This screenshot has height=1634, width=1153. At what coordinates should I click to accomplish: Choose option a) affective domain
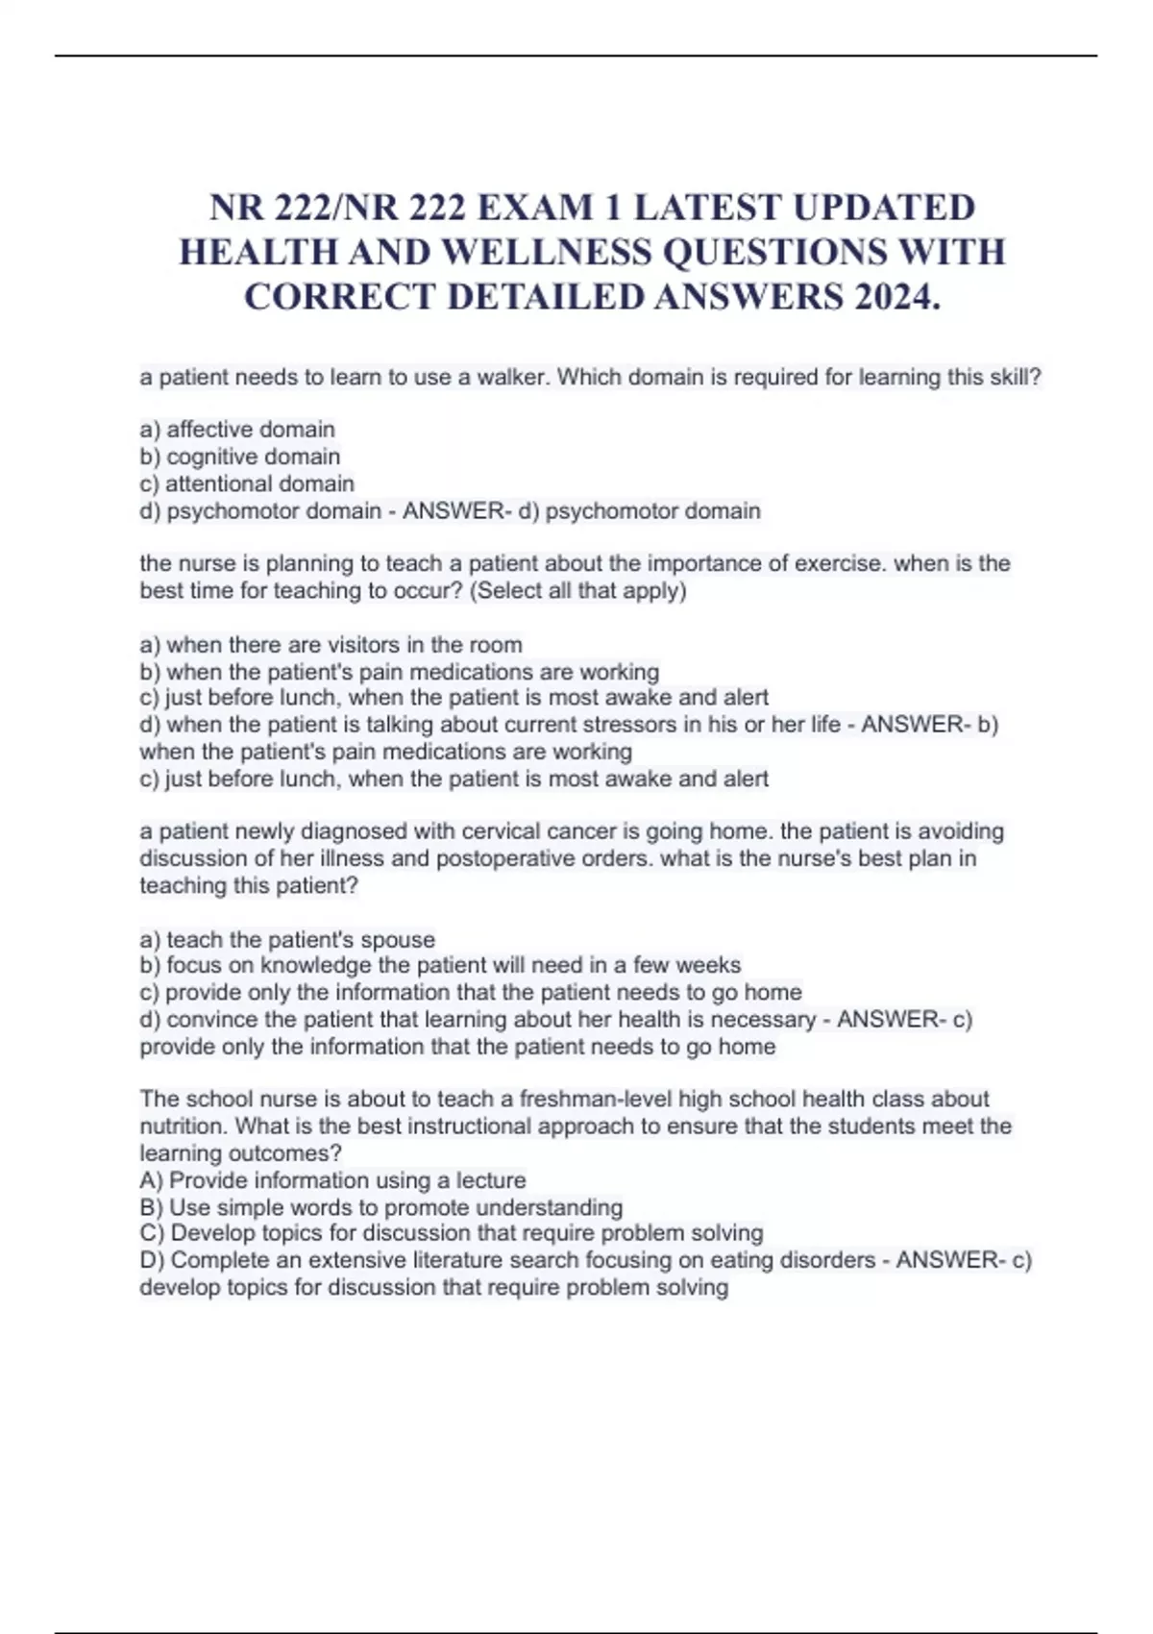point(237,430)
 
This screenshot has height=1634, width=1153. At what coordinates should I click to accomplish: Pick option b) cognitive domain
point(239,457)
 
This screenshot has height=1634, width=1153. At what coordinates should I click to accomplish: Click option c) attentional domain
point(247,483)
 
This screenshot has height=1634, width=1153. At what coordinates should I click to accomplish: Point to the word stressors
point(630,725)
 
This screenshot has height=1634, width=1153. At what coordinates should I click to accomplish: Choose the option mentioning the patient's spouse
point(287,939)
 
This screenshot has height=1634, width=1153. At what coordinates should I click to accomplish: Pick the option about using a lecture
point(332,1180)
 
